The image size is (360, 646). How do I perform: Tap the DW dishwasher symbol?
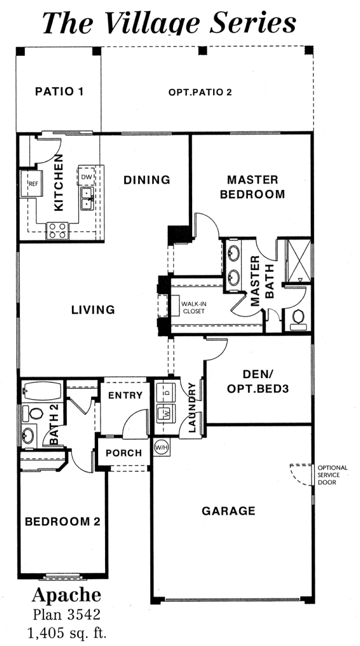click(86, 177)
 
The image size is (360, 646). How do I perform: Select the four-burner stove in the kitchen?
click(57, 231)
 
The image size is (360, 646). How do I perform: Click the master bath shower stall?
click(298, 260)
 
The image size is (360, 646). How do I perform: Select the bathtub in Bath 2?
click(42, 390)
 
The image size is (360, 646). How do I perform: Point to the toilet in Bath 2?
click(33, 413)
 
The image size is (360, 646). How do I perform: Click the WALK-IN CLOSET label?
click(193, 308)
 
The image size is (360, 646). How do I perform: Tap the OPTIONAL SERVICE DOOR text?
click(332, 475)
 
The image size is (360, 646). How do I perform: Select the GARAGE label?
click(228, 511)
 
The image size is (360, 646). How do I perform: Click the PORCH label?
click(124, 453)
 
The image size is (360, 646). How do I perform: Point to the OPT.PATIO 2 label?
click(200, 92)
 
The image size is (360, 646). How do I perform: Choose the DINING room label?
click(147, 180)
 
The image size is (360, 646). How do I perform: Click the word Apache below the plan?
click(66, 595)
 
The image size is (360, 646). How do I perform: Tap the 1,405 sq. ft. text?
click(66, 633)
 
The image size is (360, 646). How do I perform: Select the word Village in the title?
click(155, 23)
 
